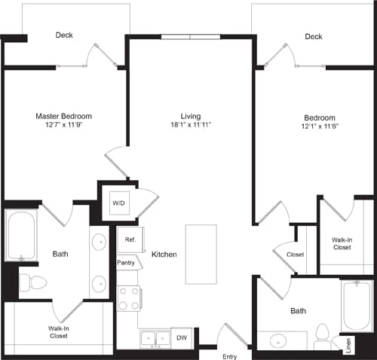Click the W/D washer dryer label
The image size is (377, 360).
pyautogui.click(x=118, y=203)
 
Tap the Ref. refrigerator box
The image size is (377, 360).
pyautogui.click(x=129, y=239)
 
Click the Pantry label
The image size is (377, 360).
pyautogui.click(x=126, y=263)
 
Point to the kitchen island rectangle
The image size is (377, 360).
pyautogui.click(x=201, y=255)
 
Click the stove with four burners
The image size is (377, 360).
pyautogui.click(x=129, y=298)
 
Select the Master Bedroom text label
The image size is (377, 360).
pyautogui.click(x=64, y=116)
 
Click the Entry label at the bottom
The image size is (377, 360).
pyautogui.click(x=229, y=355)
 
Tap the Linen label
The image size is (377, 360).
pyautogui.click(x=348, y=345)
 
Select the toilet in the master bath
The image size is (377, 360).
pyautogui.click(x=33, y=282)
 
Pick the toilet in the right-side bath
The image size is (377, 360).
pyautogui.click(x=322, y=335)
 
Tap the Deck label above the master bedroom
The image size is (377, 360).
pyautogui.click(x=64, y=35)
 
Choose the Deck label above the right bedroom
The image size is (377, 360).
pyautogui.click(x=314, y=36)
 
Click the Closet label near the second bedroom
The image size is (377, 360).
pyautogui.click(x=295, y=255)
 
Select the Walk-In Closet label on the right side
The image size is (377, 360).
pyautogui.click(x=342, y=243)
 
